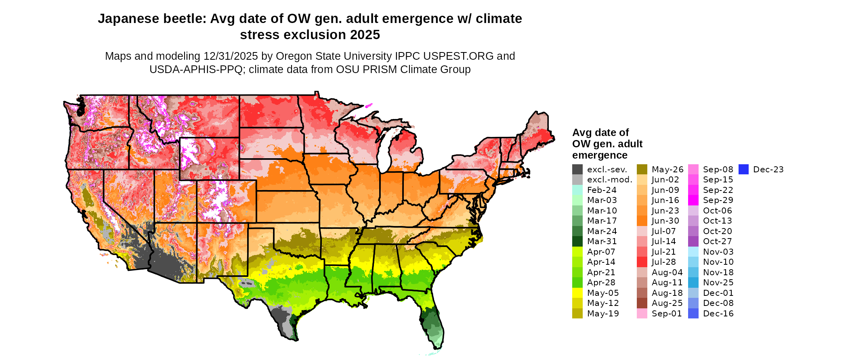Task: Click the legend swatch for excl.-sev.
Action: [x=577, y=170]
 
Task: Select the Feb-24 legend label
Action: [x=602, y=190]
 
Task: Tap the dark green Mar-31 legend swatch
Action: [x=577, y=241]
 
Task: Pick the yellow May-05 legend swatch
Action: [x=577, y=293]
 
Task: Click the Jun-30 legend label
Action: [x=665, y=221]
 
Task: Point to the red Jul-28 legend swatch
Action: [x=642, y=262]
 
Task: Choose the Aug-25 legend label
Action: [x=667, y=303]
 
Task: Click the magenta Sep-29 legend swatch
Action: [x=693, y=200]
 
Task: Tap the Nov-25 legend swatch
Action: [x=693, y=283]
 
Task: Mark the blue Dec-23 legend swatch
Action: [x=743, y=170]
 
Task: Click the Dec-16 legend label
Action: [x=718, y=314]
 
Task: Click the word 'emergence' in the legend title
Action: [x=600, y=155]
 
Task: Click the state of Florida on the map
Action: [x=432, y=319]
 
